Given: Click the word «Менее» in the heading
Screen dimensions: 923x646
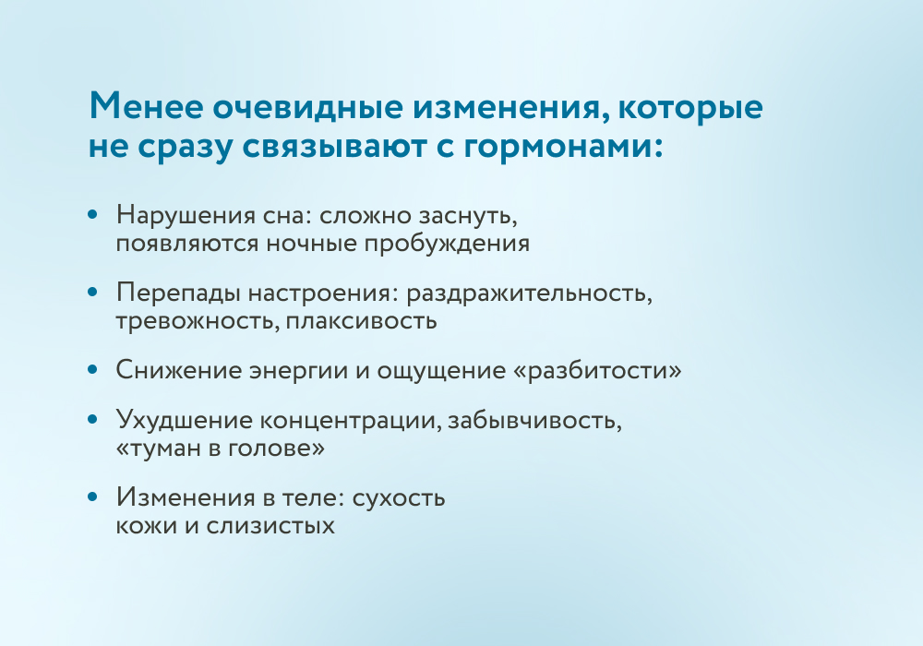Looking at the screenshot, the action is (146, 106).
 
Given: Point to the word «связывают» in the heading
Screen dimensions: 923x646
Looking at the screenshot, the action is (335, 147).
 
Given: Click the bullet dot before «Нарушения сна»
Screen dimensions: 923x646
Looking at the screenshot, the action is (91, 214).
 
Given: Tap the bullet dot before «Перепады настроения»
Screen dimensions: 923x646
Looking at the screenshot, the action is (91, 292).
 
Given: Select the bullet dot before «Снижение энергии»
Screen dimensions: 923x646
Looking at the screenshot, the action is (91, 369).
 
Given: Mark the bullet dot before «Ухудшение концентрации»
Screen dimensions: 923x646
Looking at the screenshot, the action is (91, 419).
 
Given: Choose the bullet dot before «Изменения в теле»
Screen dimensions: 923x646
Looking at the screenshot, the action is (91, 496).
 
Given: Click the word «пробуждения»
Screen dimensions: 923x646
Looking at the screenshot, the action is (447, 244).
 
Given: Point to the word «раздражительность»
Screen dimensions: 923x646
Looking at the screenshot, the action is (527, 293).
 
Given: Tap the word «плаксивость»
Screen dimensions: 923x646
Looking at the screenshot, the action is (362, 321).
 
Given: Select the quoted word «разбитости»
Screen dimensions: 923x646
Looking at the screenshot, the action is (598, 371).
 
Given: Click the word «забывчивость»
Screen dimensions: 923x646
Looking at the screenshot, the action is (533, 420).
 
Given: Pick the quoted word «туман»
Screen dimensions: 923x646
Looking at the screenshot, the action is (153, 449).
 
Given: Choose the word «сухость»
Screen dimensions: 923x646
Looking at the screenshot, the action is (399, 498).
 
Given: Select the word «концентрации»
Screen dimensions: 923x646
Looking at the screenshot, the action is (348, 421).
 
